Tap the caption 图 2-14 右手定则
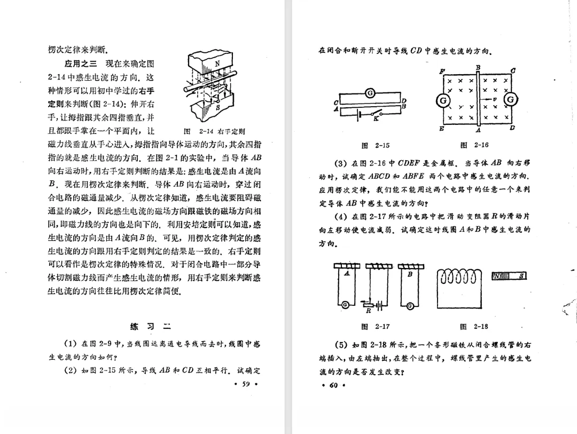(214, 131)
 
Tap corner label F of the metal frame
(441, 72)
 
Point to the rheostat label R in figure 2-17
(367, 311)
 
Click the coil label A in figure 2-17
(347, 273)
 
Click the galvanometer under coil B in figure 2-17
(409, 305)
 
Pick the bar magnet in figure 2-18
(510, 275)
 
